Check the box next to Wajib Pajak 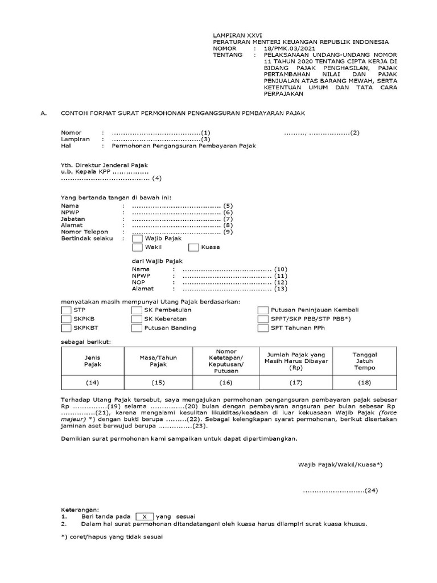click(x=137, y=239)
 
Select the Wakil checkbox click(x=137, y=248)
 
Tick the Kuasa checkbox click(x=193, y=248)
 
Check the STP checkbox click(x=66, y=310)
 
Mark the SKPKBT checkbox click(x=66, y=328)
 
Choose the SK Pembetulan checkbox click(x=137, y=310)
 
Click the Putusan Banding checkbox click(x=137, y=328)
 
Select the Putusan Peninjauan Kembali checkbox click(x=262, y=310)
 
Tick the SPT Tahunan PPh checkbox click(x=262, y=328)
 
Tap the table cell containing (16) click(x=226, y=383)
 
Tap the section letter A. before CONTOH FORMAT click(x=43, y=113)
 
